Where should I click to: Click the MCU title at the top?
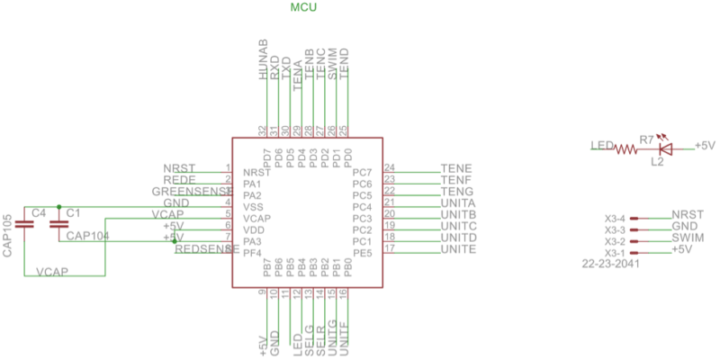pyautogui.click(x=304, y=8)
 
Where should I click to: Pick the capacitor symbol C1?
pyautogui.click(x=59, y=224)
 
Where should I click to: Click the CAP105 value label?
pyautogui.click(x=8, y=237)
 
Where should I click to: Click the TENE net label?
pyautogui.click(x=457, y=168)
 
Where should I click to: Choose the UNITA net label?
pyautogui.click(x=458, y=203)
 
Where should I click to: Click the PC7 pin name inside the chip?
pyautogui.click(x=362, y=172)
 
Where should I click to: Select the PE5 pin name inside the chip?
pyautogui.click(x=362, y=254)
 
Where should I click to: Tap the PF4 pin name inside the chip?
pyautogui.click(x=253, y=254)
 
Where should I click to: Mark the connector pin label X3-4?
pyautogui.click(x=615, y=219)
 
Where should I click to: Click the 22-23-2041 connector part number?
pyautogui.click(x=611, y=265)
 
